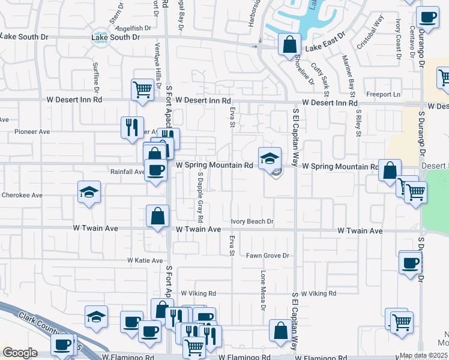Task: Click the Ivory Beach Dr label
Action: (252, 221)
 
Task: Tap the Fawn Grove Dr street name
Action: (268, 256)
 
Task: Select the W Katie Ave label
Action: (145, 260)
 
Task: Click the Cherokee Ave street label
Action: (21, 195)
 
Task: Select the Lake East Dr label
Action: (326, 47)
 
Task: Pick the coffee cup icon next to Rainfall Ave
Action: (156, 170)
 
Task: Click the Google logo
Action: (20, 353)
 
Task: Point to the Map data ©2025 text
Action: (424, 356)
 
